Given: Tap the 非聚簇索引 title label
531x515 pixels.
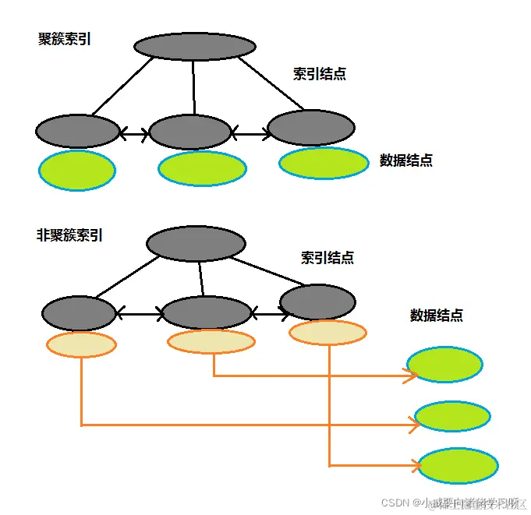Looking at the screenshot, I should [x=70, y=234].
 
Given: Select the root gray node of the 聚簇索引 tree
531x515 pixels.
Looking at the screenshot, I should [x=195, y=46].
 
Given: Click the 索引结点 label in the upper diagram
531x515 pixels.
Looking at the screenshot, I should [x=320, y=74].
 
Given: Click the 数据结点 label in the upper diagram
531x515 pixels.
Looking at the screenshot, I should [x=406, y=160].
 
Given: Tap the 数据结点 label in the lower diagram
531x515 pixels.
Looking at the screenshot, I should [x=437, y=316].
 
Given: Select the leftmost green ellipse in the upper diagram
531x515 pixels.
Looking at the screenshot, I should [x=77, y=171].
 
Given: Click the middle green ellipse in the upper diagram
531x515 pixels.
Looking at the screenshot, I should [x=202, y=168].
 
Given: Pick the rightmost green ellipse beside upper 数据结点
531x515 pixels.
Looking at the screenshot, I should [x=324, y=162].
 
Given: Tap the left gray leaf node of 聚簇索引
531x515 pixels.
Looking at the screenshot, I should [x=77, y=131].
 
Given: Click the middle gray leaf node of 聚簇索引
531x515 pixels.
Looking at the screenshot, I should [x=189, y=132].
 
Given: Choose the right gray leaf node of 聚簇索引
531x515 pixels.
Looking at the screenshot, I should [x=311, y=127].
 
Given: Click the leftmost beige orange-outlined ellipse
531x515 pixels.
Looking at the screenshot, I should [x=81, y=344].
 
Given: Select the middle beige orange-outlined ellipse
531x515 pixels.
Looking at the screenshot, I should [x=211, y=341].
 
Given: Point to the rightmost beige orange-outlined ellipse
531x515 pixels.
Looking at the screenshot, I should [x=327, y=333].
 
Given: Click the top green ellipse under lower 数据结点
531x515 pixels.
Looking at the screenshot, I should [x=445, y=364].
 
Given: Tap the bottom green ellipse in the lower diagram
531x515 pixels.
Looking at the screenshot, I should [x=458, y=466].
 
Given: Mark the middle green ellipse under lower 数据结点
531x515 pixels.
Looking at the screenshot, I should [x=452, y=417].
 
